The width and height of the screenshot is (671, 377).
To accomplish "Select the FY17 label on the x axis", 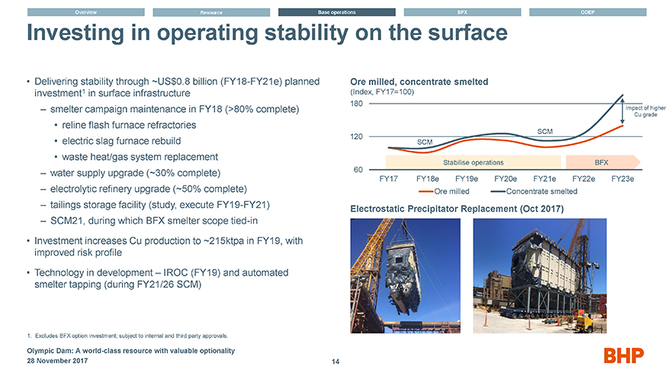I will [x=389, y=179].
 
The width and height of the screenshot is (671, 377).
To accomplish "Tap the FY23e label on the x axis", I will [x=628, y=179].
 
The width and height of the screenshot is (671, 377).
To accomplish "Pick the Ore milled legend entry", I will [x=454, y=191].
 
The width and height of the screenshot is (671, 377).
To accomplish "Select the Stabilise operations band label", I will [x=473, y=162].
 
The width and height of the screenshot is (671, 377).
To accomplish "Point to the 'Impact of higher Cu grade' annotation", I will [x=646, y=111].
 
